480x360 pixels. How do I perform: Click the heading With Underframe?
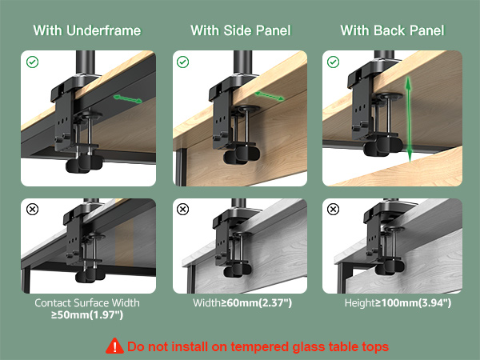[87, 30]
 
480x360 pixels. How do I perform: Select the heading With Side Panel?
[241, 30]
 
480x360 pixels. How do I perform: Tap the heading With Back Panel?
[392, 30]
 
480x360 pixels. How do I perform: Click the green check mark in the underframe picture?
[32, 62]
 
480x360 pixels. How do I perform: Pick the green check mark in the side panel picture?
[182, 62]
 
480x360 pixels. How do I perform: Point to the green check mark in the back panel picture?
[333, 62]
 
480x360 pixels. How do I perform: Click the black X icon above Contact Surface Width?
[32, 210]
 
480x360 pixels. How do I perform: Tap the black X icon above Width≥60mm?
[182, 210]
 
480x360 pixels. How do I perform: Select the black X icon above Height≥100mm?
[333, 210]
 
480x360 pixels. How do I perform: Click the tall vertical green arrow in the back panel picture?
[409, 119]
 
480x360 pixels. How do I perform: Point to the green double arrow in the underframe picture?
[128, 99]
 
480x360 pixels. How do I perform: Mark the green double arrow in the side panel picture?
[269, 96]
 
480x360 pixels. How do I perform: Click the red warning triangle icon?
[114, 346]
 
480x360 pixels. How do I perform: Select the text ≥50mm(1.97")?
[87, 314]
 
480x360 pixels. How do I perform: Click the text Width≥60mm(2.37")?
[242, 302]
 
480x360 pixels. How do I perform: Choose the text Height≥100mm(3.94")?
[398, 302]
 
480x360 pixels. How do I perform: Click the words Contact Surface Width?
[87, 302]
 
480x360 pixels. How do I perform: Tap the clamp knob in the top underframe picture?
[83, 164]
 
